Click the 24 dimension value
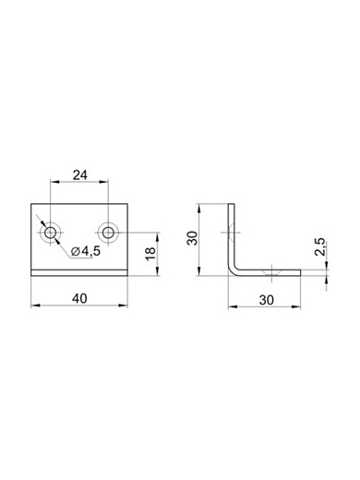pyautogui.click(x=80, y=175)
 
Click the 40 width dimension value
pyautogui.click(x=79, y=298)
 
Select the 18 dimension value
pyautogui.click(x=151, y=253)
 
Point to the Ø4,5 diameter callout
pyautogui.click(x=86, y=251)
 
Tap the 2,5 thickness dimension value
pyautogui.click(x=320, y=246)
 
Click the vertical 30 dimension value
pyautogui.click(x=193, y=238)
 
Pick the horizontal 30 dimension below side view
pyautogui.click(x=267, y=300)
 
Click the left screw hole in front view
pyautogui.click(x=50, y=233)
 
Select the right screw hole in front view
pyautogui.click(x=108, y=233)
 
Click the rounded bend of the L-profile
pyautogui.click(x=233, y=270)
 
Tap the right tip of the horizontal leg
pyautogui.click(x=300, y=273)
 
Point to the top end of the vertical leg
pyautogui.click(x=232, y=204)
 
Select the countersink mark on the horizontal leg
pyautogui.click(x=271, y=272)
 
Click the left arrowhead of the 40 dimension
pyautogui.click(x=35, y=306)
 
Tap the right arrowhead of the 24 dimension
pyautogui.click(x=104, y=182)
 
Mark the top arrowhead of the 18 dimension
pyautogui.click(x=157, y=237)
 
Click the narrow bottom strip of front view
pyautogui.click(x=79, y=273)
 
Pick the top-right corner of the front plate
pyautogui.click(x=127, y=204)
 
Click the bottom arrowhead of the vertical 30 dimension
pyautogui.click(x=199, y=271)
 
